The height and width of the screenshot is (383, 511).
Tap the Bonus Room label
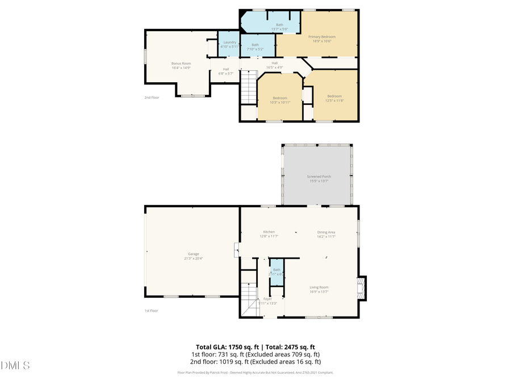click(x=181, y=63)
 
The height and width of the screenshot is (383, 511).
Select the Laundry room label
click(x=229, y=43)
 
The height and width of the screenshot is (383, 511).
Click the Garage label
click(x=194, y=254)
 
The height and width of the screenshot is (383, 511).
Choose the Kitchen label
click(x=269, y=232)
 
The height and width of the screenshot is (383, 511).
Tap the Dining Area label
click(x=326, y=232)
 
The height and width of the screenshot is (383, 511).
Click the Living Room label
click(x=319, y=287)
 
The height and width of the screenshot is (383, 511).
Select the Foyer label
click(x=267, y=298)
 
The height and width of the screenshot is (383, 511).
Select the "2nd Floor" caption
click(x=152, y=98)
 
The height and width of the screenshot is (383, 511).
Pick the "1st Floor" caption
click(x=152, y=311)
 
